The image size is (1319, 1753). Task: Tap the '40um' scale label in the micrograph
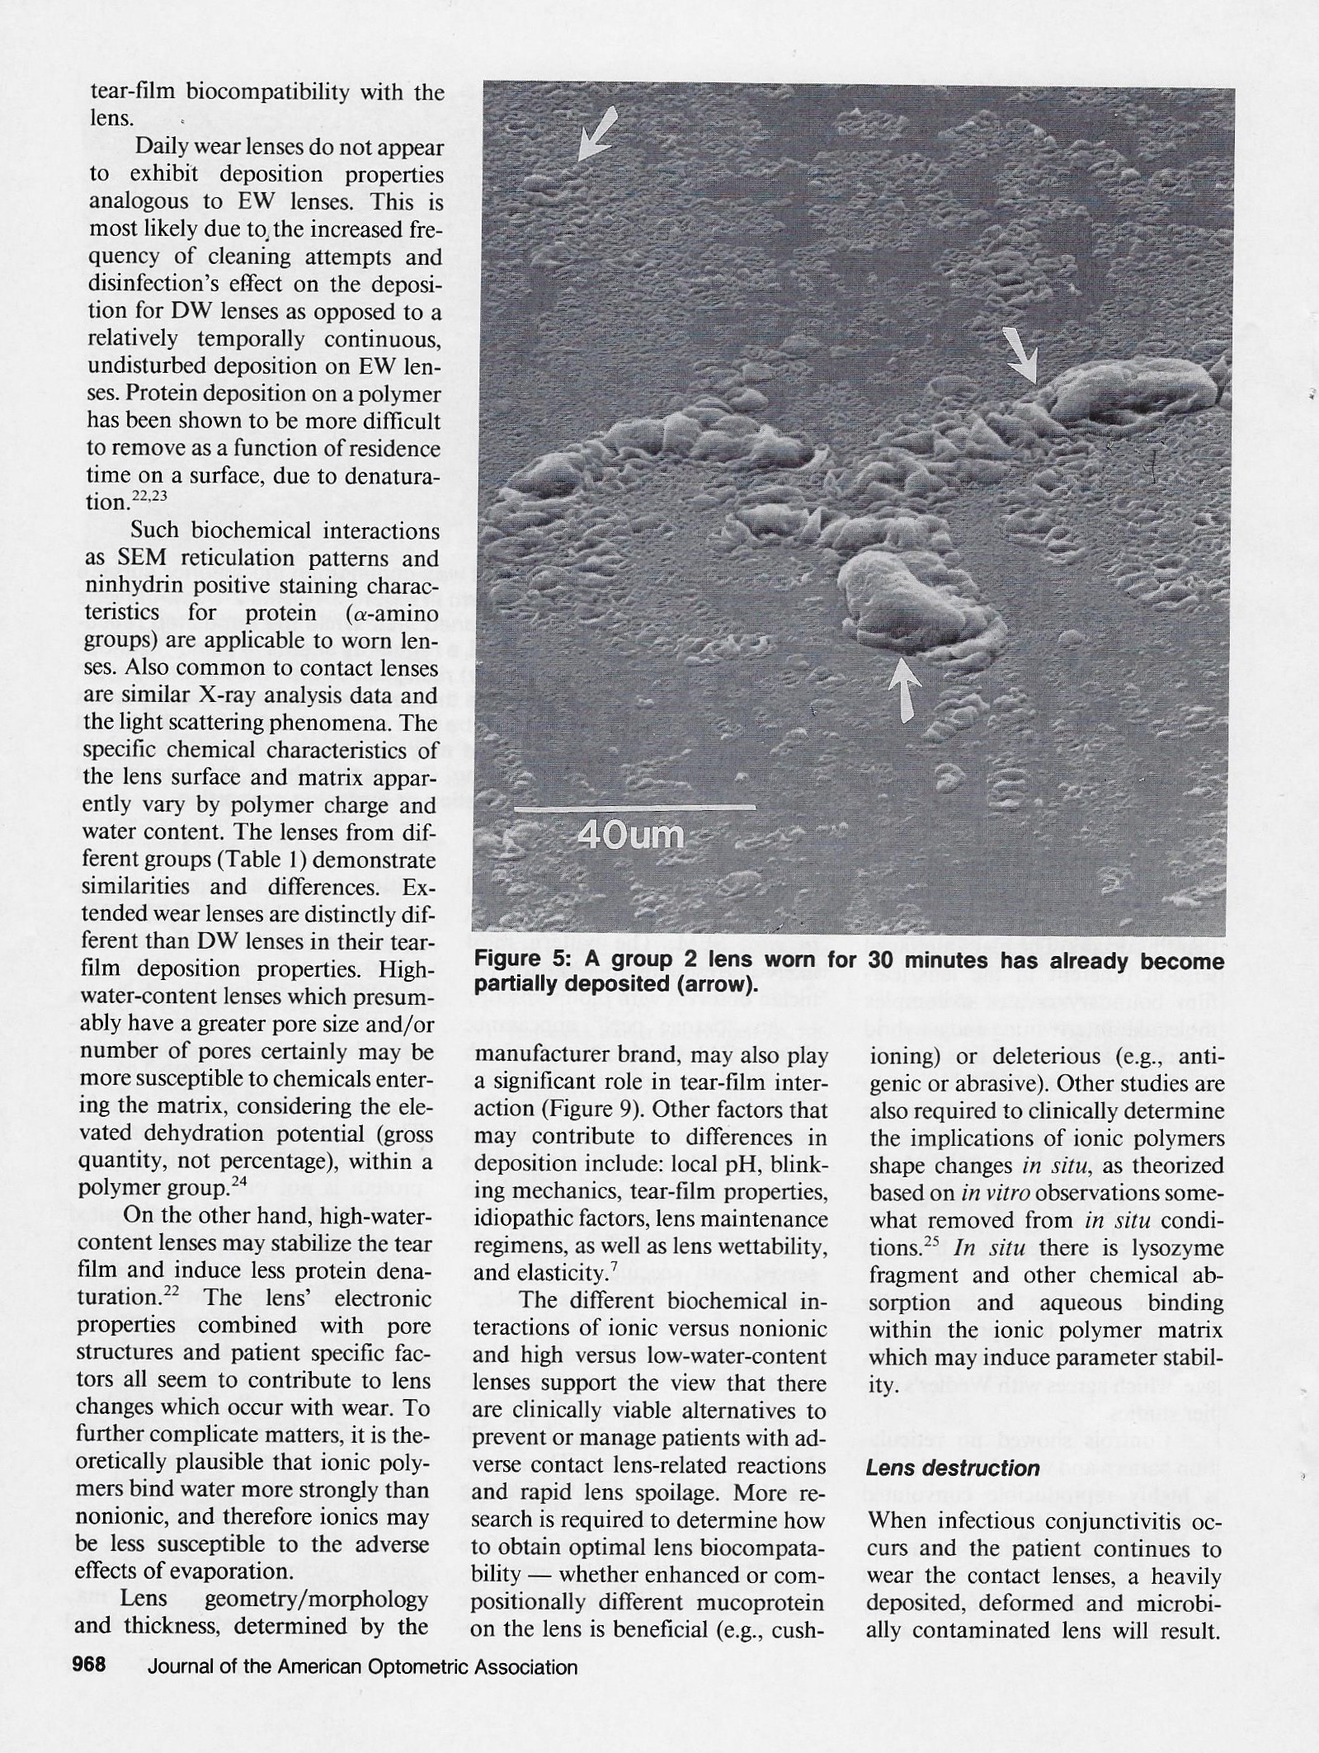coord(630,836)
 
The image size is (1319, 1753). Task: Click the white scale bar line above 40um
coord(634,807)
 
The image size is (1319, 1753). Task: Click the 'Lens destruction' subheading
coord(953,1468)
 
